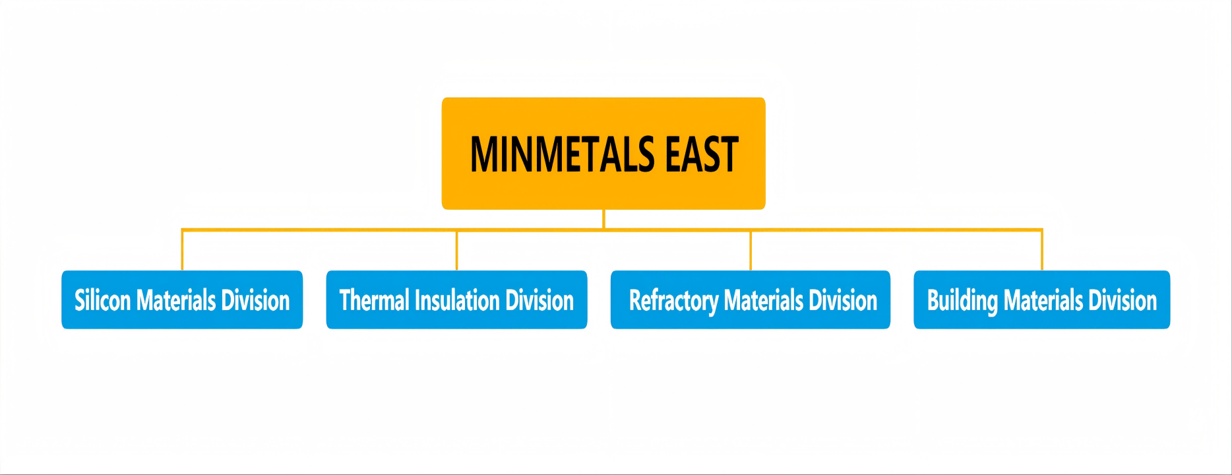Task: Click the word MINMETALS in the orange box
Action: (563, 154)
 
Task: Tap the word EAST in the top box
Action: (702, 154)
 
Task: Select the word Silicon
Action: (102, 301)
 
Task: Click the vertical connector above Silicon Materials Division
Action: (182, 250)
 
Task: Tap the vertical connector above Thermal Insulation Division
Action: (456, 250)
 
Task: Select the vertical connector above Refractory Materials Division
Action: (751, 250)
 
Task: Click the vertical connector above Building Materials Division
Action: (1042, 250)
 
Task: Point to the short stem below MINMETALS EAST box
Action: (603, 219)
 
